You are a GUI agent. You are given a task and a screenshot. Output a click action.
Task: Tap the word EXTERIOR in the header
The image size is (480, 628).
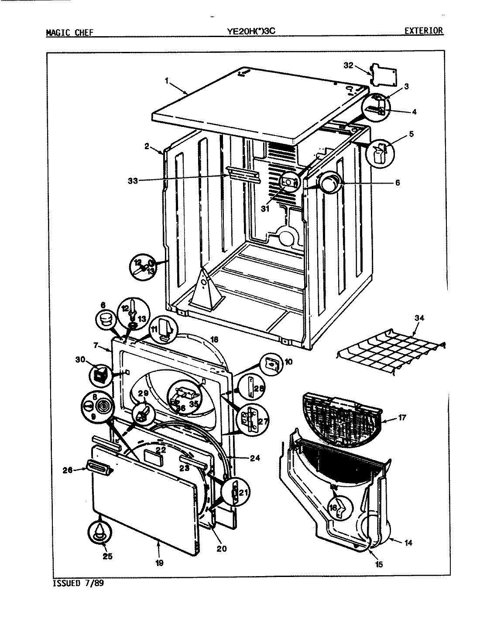423,31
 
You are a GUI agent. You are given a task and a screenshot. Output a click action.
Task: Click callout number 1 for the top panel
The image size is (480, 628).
167,80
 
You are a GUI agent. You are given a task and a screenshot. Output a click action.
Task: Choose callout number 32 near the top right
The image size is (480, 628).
348,65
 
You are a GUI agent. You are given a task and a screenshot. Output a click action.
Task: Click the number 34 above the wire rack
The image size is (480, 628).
418,318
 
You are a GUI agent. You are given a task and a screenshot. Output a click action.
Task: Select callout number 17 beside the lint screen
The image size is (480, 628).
402,418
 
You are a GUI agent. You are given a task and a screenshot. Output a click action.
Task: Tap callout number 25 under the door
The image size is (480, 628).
107,556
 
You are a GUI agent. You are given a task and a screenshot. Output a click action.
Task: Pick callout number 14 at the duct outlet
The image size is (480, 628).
408,543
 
